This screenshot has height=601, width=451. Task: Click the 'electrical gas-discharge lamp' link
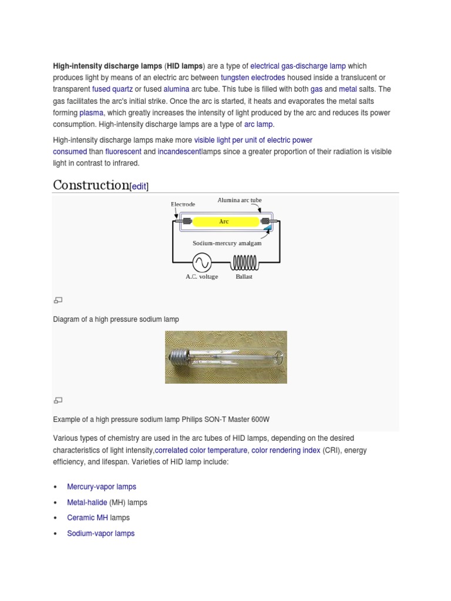(x=298, y=66)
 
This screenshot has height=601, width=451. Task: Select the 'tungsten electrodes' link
(x=253, y=77)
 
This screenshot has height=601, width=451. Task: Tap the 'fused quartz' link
(x=112, y=89)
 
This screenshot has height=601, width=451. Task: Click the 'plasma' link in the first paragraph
(x=91, y=113)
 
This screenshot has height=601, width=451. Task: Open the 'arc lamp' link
(x=259, y=124)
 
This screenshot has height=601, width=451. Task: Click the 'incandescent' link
(x=179, y=151)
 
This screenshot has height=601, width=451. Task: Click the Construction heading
(x=90, y=185)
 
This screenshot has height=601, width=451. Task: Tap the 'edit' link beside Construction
(x=139, y=186)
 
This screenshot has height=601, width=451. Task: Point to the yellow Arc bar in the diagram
(x=224, y=222)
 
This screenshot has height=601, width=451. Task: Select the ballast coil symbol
(x=244, y=262)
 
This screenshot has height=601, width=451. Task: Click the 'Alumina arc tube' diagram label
(x=240, y=200)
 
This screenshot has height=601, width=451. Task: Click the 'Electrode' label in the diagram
(x=183, y=204)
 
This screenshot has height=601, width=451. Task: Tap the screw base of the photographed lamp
(x=180, y=355)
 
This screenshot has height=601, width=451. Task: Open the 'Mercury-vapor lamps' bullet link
(x=102, y=487)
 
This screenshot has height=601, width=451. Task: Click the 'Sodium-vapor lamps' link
(x=100, y=534)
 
